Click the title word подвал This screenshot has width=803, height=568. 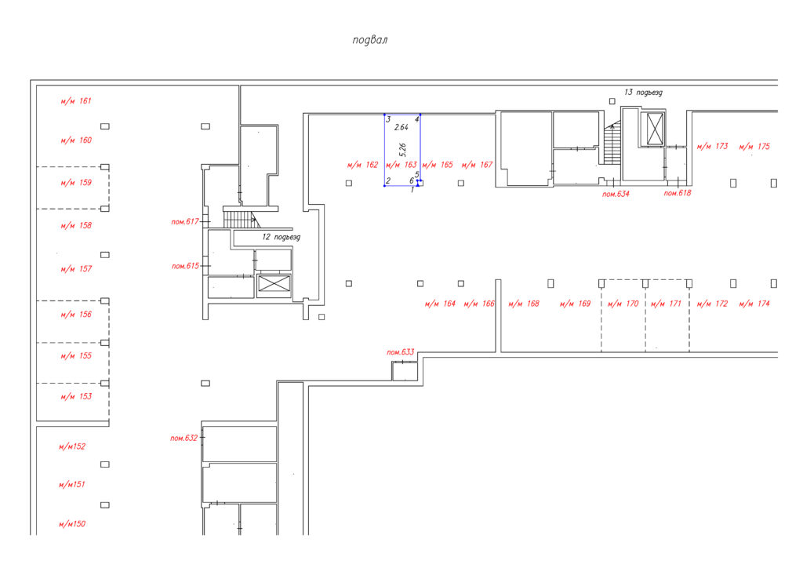coord(370,40)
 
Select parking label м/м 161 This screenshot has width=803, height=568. coord(76,101)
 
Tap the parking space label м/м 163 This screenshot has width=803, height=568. coord(401,165)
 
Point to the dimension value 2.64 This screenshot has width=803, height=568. coord(401,127)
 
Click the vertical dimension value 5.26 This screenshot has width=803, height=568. coord(402,150)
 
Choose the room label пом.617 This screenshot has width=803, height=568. coord(185,222)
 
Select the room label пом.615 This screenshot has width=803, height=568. coord(185,266)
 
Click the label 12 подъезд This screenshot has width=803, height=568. coord(282,237)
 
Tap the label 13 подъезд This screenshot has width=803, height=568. coord(643,93)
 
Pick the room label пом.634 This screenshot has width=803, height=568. coord(616,194)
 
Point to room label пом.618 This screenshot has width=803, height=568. coord(678,193)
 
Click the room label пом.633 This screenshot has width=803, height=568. coord(401,352)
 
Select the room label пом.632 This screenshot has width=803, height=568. coord(183,438)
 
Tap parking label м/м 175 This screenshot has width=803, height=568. coord(754,146)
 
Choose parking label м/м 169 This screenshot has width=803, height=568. coord(575,303)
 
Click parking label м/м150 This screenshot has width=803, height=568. coord(72,523)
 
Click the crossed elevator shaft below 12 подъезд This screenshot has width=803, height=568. coord(274,284)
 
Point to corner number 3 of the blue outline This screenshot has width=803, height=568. coord(388,119)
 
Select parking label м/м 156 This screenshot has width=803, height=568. coord(76,314)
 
